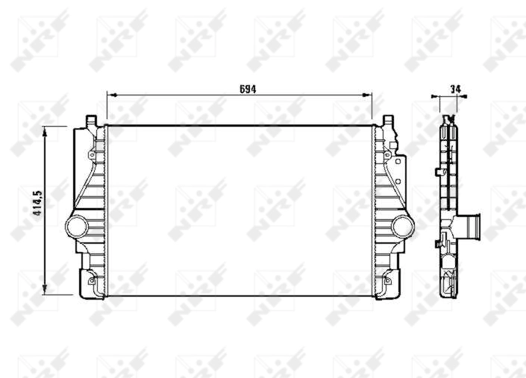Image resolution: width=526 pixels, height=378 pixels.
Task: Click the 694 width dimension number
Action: (x=248, y=89)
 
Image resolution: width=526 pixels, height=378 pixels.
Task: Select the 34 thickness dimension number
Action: (x=455, y=89)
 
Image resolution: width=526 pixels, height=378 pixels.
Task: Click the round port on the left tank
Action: (x=77, y=225)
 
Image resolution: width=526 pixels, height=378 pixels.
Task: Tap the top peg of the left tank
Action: (x=91, y=119)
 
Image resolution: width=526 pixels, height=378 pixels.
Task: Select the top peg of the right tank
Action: (x=387, y=120)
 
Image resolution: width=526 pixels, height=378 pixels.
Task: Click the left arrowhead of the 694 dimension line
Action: (x=110, y=95)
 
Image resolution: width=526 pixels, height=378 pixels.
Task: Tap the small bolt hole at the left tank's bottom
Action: (x=92, y=280)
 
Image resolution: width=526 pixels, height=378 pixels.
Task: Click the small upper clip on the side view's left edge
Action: (x=436, y=172)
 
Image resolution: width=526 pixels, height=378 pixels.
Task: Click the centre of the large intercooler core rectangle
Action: (x=239, y=210)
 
